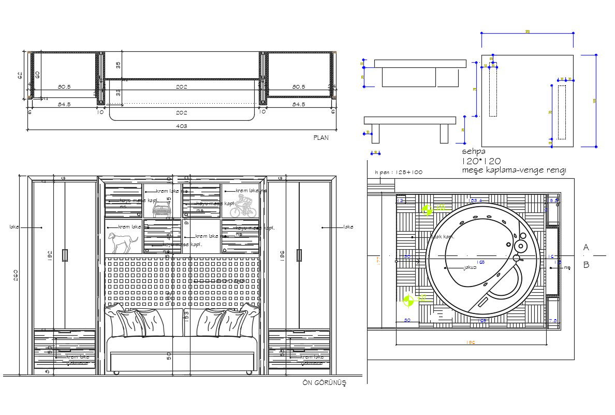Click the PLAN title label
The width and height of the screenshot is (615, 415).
coord(321,138)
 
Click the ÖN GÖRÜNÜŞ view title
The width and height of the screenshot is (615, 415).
coord(324,383)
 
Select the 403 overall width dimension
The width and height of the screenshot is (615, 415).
coord(181,126)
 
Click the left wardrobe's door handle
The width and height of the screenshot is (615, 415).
coord(65,255)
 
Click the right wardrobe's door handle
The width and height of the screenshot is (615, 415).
coord(299,255)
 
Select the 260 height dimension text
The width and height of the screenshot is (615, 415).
coord(16,275)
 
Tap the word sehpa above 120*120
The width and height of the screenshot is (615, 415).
coord(474,152)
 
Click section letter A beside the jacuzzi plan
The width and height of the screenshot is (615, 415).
coord(586,248)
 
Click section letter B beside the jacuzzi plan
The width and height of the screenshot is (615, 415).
coord(586,265)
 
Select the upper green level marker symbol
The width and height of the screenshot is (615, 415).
coord(428,209)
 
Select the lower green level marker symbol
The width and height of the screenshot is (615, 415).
coord(409,299)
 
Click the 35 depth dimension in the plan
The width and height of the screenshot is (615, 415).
coord(118,65)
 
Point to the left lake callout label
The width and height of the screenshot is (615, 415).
coord(14,227)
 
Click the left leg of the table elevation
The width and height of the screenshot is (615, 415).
coord(376,134)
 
